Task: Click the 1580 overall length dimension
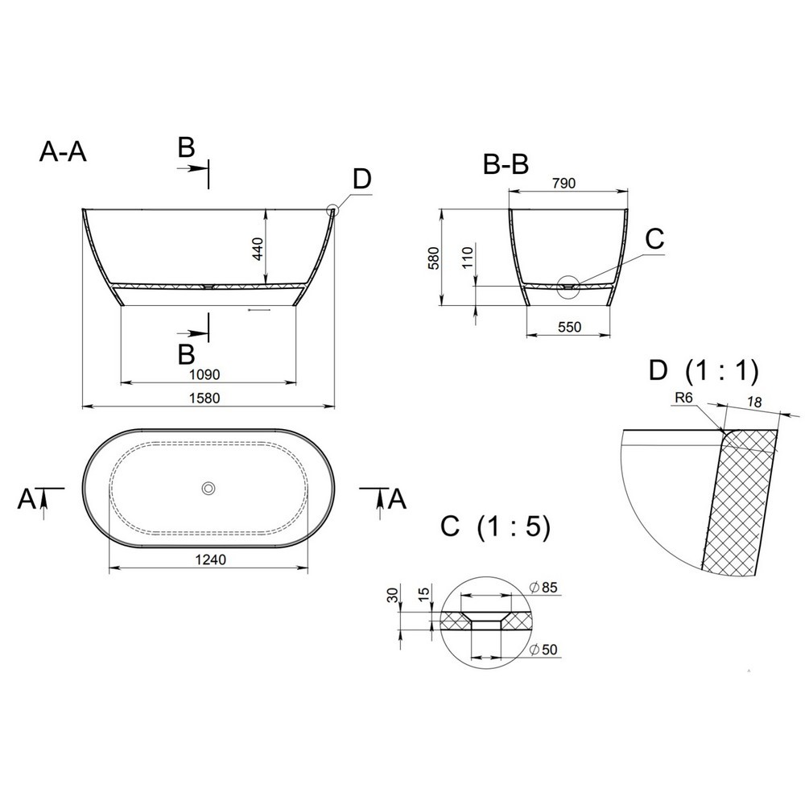204,398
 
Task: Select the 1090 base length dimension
204,374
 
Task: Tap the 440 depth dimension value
258,249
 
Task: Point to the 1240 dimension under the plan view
210,559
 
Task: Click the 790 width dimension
563,183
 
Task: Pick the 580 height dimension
434,258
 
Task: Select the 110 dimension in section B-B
467,258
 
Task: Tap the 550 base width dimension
569,327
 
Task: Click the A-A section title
63,152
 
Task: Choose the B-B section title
506,165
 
